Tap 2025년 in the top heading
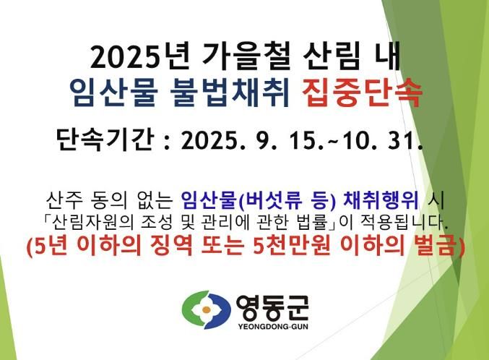pos(139,56)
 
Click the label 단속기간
pos(105,140)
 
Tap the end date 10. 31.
pos(382,140)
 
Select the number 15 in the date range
pos(306,140)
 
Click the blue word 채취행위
pos(381,200)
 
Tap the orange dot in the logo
pos(206,309)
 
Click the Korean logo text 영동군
pos(272,307)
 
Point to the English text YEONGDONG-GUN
pos(273,327)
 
